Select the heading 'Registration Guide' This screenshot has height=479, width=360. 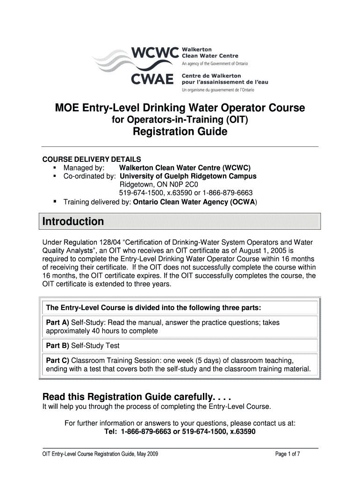pos(180,132)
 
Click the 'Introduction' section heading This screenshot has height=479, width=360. pos(73,221)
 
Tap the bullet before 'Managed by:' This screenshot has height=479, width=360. pos(55,167)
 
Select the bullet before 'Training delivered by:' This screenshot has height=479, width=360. pos(55,202)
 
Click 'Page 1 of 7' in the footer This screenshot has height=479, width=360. pos(291,454)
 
